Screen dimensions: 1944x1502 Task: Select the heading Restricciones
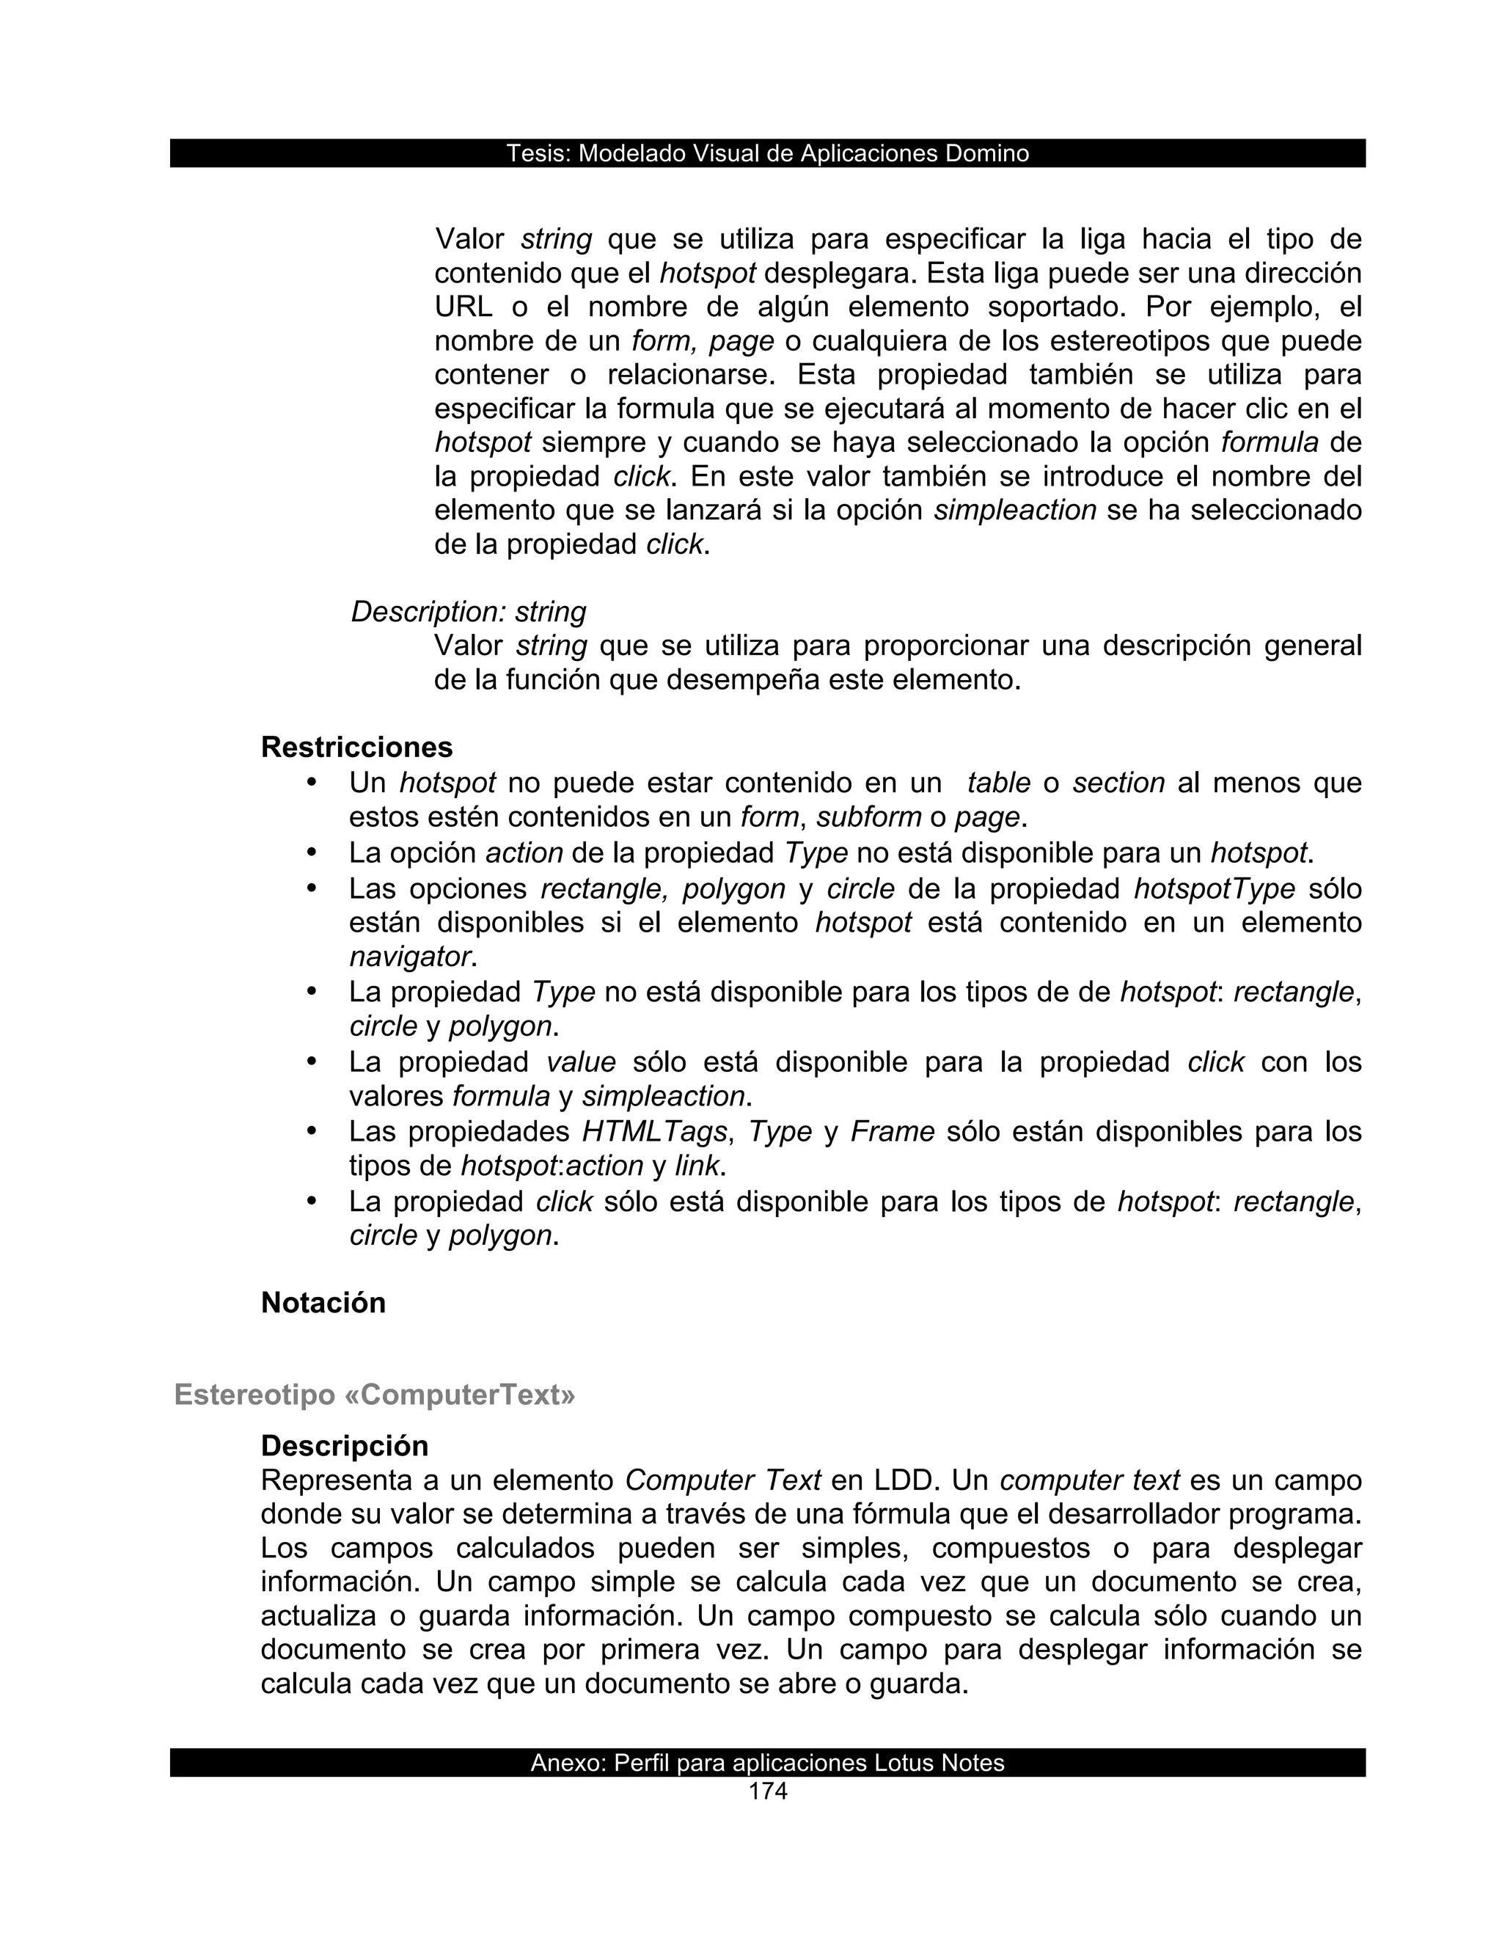357,747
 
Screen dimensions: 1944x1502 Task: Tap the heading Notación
323,1302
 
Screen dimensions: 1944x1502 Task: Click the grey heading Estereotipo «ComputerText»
375,1394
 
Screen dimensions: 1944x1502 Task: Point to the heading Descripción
345,1444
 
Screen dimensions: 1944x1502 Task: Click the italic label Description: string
468,612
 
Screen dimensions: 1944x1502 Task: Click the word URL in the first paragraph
463,307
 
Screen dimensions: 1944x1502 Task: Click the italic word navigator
409,956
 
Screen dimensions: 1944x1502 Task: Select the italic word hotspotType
1214,888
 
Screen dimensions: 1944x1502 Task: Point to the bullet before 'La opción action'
312,852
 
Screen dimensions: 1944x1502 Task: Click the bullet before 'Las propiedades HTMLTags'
312,1130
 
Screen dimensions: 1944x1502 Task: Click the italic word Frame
892,1131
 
